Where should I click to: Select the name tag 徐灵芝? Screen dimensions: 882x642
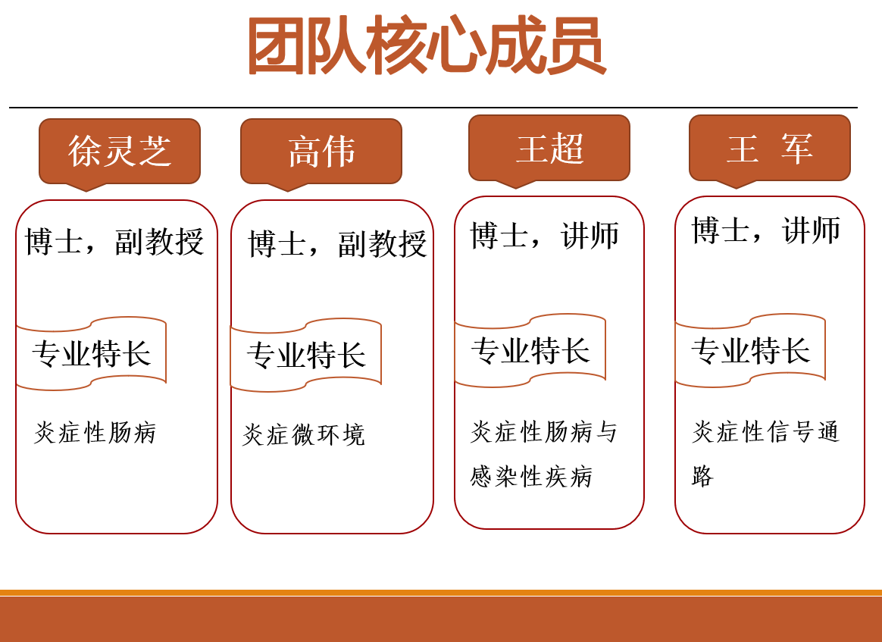click(x=119, y=151)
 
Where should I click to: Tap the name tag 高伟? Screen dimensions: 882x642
click(x=321, y=152)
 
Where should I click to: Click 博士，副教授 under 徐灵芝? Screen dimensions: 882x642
click(x=114, y=242)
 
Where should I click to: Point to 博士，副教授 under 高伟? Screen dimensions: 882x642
click(x=337, y=244)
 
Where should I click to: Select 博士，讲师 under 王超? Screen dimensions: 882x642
click(x=545, y=235)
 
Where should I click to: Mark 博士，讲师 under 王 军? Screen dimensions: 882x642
click(x=765, y=230)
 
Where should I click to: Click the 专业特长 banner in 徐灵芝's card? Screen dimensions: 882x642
click(x=91, y=353)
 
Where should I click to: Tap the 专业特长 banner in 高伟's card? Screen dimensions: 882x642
click(x=306, y=355)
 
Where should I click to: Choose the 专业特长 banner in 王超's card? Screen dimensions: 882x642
click(x=530, y=350)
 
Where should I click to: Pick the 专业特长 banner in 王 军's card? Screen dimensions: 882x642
click(x=750, y=350)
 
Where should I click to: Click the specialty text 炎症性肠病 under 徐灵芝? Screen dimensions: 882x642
click(x=95, y=433)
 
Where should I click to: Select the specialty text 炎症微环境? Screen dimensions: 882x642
click(x=304, y=435)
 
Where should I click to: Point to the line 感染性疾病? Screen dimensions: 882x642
click(x=531, y=477)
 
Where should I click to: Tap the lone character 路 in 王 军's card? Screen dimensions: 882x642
click(x=702, y=476)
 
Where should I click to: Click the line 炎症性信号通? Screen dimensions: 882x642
click(x=765, y=431)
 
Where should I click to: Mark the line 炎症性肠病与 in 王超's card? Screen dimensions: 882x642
click(x=544, y=431)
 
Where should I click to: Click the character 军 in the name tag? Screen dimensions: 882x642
click(x=796, y=149)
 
